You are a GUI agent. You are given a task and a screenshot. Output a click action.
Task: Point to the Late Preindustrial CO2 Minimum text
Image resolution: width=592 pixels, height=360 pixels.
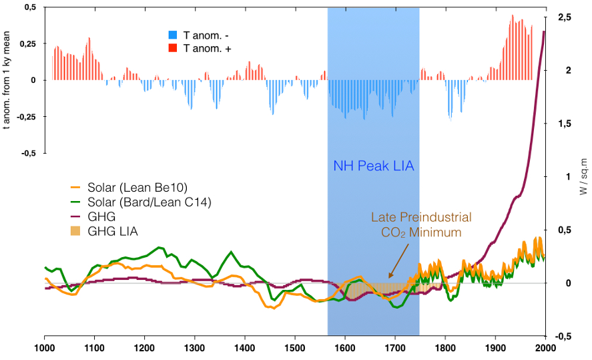tap(421, 225)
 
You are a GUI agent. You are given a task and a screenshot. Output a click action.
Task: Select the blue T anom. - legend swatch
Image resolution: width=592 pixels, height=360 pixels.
tap(173, 35)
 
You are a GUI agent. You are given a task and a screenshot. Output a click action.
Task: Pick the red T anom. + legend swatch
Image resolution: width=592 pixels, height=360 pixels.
tap(173, 48)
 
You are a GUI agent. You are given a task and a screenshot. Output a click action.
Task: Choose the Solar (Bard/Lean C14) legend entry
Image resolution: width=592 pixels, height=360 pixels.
tap(139, 202)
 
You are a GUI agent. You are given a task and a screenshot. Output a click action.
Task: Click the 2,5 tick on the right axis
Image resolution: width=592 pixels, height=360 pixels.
tap(564, 17)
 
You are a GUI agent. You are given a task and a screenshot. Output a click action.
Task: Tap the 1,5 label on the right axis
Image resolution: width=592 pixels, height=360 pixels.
tap(564, 124)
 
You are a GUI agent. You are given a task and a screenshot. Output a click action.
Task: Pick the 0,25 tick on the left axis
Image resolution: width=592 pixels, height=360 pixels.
tap(27, 43)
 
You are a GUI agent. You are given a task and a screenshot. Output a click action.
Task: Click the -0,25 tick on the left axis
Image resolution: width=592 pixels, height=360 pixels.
tap(26, 116)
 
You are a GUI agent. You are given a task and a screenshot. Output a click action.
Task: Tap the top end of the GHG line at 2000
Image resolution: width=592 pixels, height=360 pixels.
tap(544, 31)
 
